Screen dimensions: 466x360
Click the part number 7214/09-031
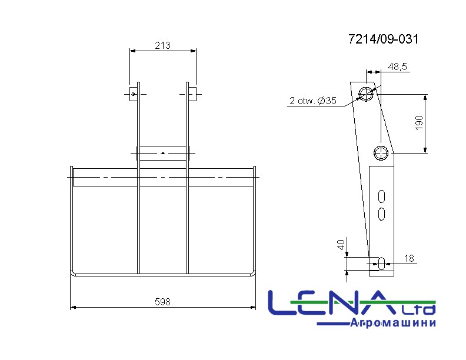tap(383, 39)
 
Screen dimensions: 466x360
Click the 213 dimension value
tap(162, 45)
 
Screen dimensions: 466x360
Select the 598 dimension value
tap(162, 302)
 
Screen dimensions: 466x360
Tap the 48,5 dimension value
tap(397, 66)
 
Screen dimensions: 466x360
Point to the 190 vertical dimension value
tap(419, 123)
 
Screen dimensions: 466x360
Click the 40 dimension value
tap(341, 245)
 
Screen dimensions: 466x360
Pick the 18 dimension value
tap(409, 258)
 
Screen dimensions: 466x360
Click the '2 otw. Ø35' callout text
tap(313, 101)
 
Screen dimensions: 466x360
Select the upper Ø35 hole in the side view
tap(365, 94)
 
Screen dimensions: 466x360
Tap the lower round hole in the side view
tap(381, 153)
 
